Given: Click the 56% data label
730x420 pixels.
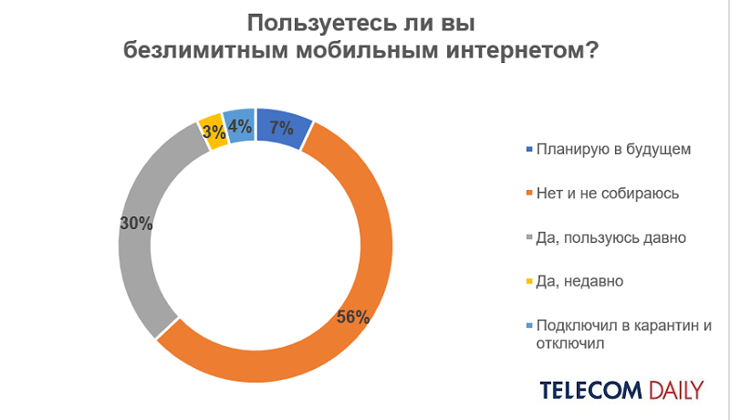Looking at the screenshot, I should click(352, 318).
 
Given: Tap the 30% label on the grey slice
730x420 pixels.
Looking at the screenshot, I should click(135, 222).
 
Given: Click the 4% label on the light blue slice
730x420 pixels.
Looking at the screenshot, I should click(239, 127).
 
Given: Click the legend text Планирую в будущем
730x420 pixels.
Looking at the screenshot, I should click(608, 150).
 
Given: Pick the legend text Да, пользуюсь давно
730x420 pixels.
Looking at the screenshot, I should click(611, 237).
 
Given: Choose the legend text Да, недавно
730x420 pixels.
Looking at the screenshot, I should click(580, 281).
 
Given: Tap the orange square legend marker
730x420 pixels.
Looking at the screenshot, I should click(528, 194).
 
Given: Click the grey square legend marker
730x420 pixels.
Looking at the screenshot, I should click(528, 237).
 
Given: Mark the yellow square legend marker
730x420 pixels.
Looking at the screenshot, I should click(528, 281).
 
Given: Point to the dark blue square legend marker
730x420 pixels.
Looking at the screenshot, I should click(528, 150).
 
